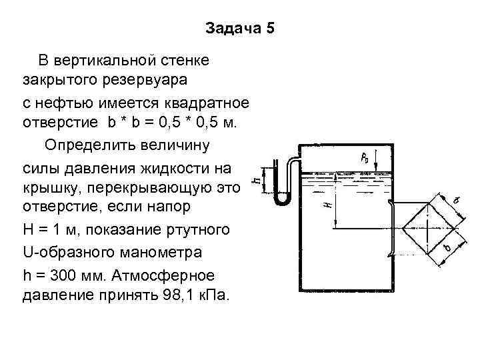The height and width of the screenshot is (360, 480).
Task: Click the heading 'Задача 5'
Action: coord(240,29)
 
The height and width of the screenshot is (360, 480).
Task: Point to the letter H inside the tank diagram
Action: coord(327,205)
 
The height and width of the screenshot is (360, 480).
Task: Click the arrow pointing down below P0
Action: coord(377,163)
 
